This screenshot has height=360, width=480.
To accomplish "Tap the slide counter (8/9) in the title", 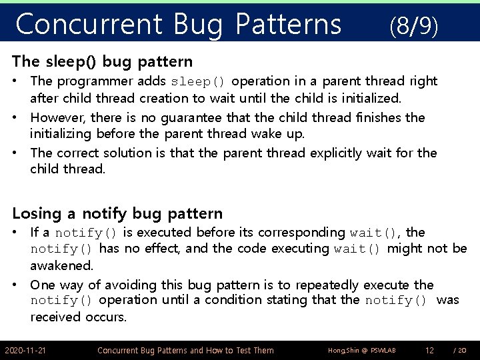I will [413, 26].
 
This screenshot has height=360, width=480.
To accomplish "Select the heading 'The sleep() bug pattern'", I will [102, 62].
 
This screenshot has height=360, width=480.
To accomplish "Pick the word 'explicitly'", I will [341, 153].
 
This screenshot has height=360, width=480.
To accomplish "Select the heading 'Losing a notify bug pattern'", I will [117, 213].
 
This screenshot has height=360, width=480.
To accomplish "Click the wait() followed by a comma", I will [376, 233].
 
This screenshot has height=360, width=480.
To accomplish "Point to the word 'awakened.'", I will [61, 265].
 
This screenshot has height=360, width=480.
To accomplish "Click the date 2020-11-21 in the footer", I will [25, 350].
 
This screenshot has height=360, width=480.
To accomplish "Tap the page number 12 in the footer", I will [429, 350].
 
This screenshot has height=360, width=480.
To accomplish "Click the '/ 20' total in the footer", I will [459, 350].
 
